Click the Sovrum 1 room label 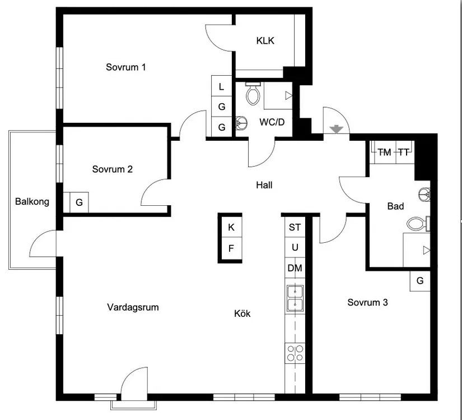click(x=126, y=67)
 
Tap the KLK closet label click(x=265, y=40)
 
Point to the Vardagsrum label click(x=133, y=307)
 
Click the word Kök click(x=242, y=313)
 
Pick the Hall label click(x=264, y=184)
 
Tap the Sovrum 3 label click(x=367, y=302)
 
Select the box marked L click(x=222, y=87)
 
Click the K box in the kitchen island click(x=231, y=228)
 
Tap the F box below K click(x=231, y=248)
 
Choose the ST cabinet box click(x=295, y=227)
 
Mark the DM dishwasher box click(x=295, y=268)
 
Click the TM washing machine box click(x=384, y=153)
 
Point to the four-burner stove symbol click(x=295, y=353)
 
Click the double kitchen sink click(x=295, y=298)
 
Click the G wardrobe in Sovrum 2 click(x=80, y=202)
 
